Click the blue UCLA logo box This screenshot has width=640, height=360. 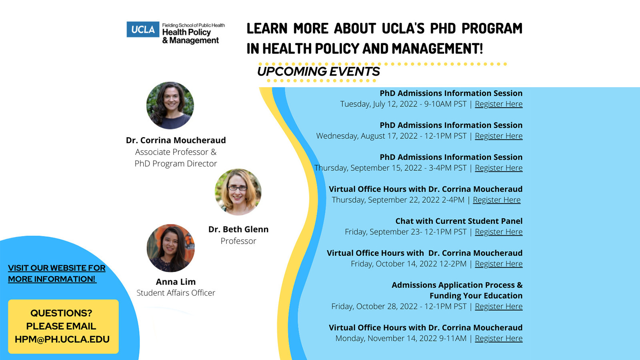143,30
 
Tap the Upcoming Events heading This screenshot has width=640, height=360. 318,72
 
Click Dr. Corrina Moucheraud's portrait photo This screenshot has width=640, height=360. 170,106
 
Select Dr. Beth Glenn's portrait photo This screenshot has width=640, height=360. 238,192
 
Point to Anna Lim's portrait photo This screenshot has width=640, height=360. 170,248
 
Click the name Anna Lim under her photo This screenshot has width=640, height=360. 176,282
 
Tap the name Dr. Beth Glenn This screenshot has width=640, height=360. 238,229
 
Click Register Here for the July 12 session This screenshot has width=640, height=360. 498,104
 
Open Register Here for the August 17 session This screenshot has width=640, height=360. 498,136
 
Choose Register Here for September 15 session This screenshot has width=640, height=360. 498,168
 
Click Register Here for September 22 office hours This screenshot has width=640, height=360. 496,200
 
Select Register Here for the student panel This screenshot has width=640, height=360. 498,232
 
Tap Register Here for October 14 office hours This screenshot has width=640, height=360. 498,264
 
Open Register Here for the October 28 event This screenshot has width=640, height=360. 498,306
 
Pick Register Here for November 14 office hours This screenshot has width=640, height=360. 498,338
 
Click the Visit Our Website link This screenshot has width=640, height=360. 56,274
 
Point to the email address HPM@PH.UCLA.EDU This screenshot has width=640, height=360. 62,339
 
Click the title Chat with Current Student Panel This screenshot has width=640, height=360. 459,221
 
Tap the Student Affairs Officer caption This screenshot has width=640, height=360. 176,293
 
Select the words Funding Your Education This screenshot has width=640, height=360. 476,296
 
